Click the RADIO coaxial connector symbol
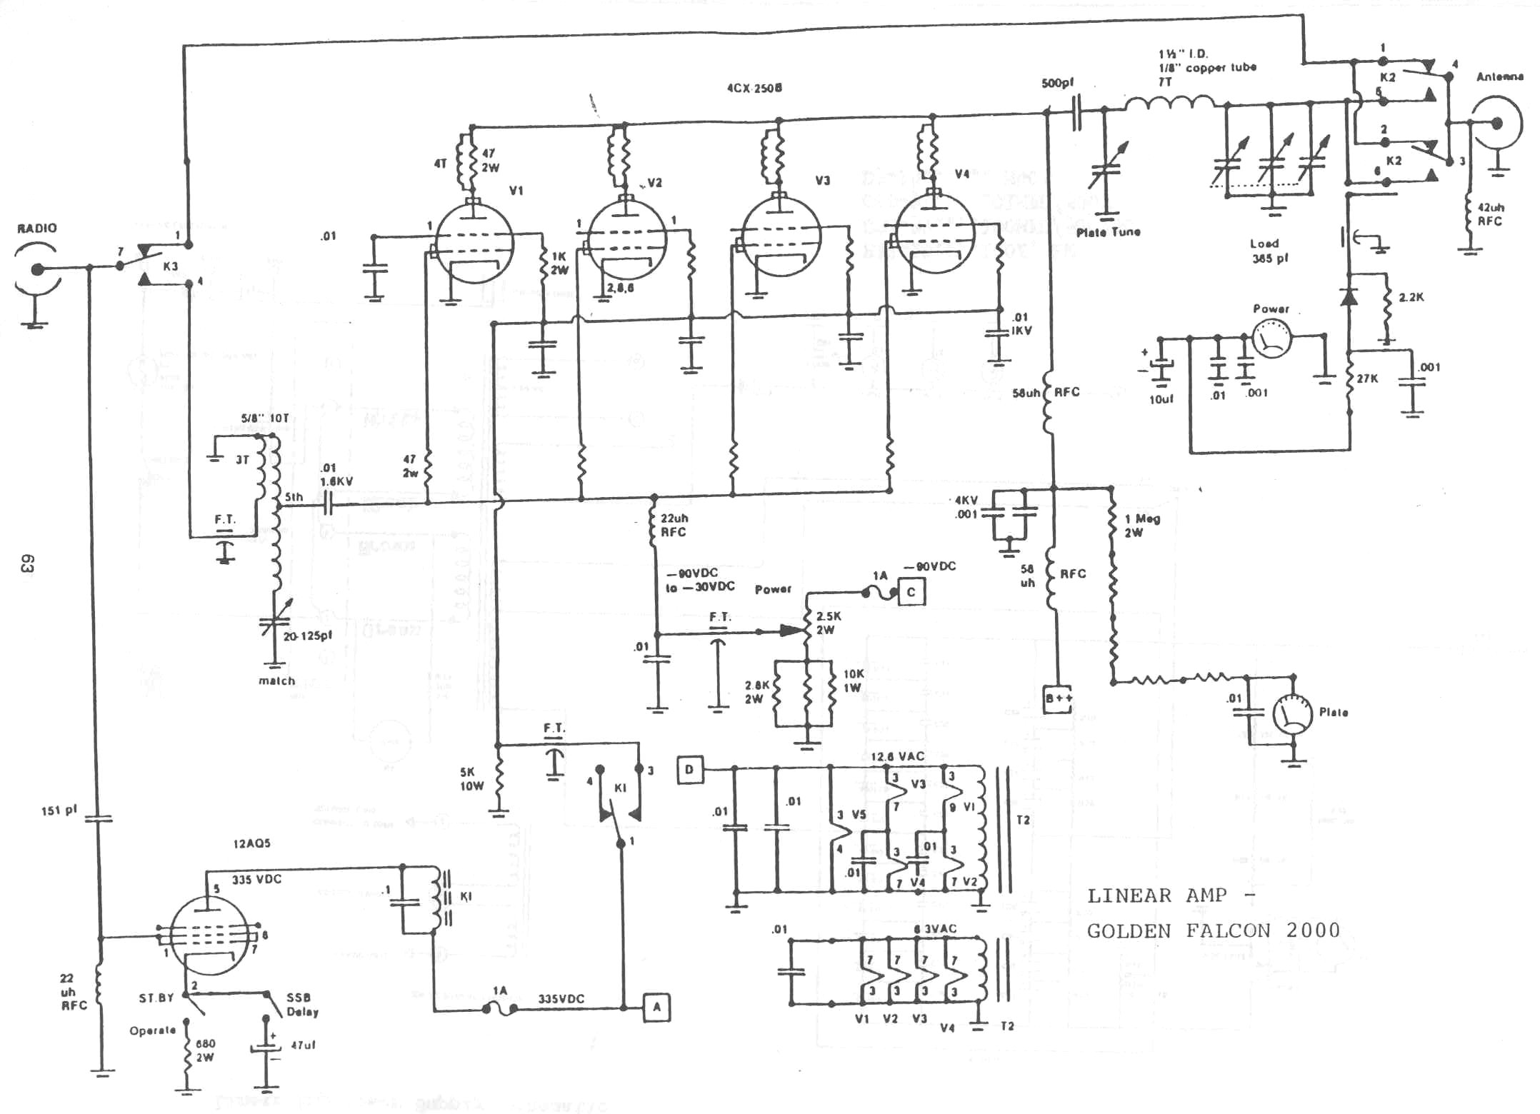[x=36, y=269]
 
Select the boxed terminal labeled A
[x=656, y=1007]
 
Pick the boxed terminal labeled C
[x=911, y=592]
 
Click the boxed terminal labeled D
[x=690, y=769]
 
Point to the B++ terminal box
[x=1058, y=698]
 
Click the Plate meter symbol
[x=1292, y=714]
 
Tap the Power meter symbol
[x=1271, y=338]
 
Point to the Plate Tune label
[x=1108, y=232]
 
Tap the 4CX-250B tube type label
[x=754, y=88]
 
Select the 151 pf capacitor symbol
[x=99, y=818]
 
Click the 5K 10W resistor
[x=499, y=781]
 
